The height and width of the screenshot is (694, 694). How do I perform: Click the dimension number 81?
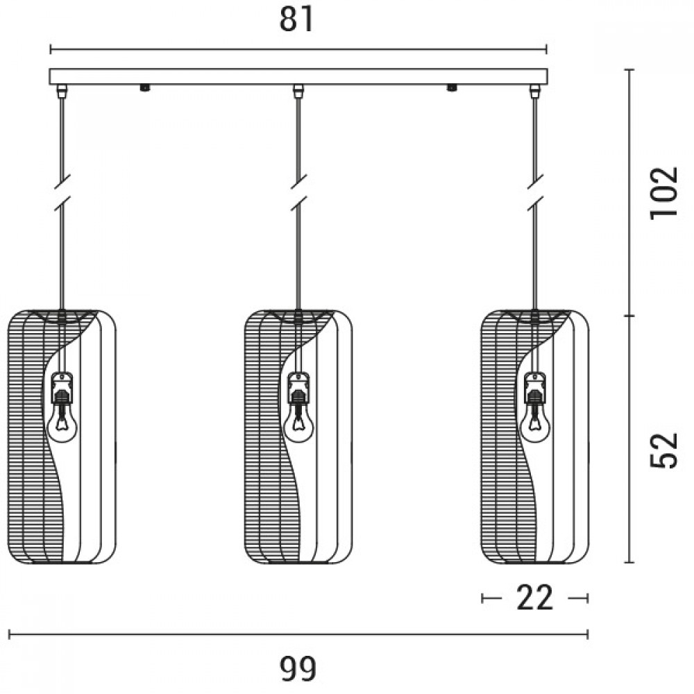298,22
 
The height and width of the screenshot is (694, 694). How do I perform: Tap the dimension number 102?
663,192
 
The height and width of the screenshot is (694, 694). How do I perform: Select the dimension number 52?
663,450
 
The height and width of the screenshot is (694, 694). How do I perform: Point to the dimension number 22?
535,598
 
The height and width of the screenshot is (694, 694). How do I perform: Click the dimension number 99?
299,668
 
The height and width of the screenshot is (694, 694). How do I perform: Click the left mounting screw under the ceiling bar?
145,87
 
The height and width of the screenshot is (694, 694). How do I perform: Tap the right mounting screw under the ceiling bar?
452,87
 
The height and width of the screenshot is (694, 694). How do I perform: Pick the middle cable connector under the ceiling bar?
298,91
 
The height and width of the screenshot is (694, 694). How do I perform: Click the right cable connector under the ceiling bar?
534,91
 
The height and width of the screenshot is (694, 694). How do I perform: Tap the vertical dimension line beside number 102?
630,192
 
